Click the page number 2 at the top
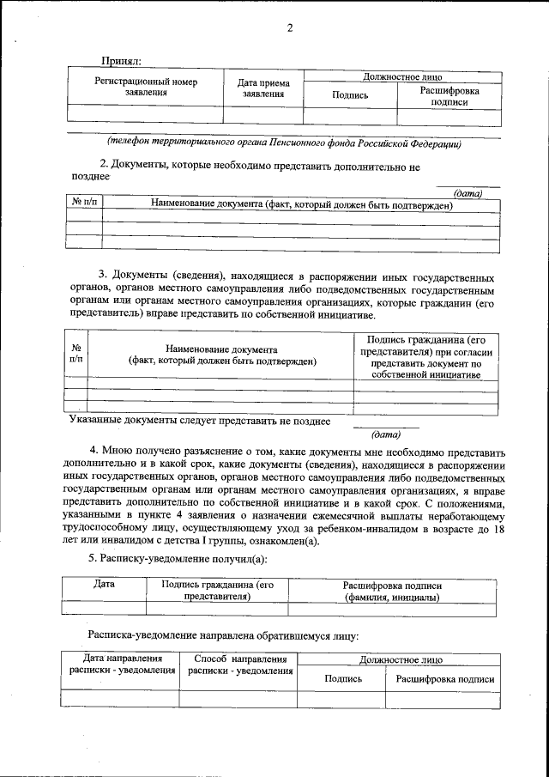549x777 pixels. [x=290, y=27]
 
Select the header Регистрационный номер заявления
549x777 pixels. [x=146, y=88]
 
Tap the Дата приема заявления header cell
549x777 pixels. [x=262, y=88]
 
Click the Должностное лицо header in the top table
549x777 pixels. [x=402, y=76]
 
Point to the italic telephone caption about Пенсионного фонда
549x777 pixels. [x=283, y=143]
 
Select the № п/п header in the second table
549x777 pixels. [x=84, y=203]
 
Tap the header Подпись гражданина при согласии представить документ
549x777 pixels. [x=425, y=358]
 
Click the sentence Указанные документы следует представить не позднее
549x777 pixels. [x=199, y=421]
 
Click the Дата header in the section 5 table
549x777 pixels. [x=104, y=585]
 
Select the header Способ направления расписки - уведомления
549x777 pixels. [x=238, y=665]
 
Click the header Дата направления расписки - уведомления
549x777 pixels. [x=119, y=665]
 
